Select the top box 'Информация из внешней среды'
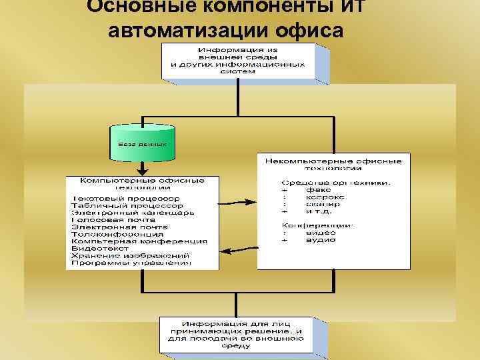(237, 61)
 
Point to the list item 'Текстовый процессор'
(125, 199)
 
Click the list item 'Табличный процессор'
(127, 206)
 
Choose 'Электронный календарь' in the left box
(133, 213)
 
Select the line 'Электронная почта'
(120, 227)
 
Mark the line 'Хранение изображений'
(130, 255)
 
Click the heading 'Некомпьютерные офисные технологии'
(333, 165)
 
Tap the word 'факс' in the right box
(318, 189)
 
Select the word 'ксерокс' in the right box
(325, 197)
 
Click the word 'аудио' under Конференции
(321, 239)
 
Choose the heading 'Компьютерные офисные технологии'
(142, 184)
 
